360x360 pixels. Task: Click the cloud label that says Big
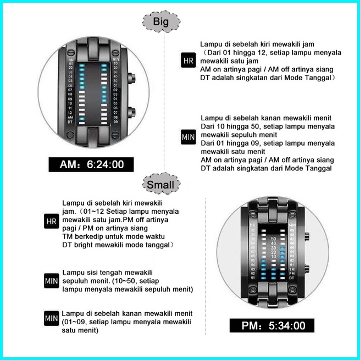(160, 23)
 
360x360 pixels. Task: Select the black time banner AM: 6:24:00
(91, 164)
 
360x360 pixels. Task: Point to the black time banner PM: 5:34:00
(273, 326)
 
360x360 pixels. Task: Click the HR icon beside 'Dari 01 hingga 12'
(188, 60)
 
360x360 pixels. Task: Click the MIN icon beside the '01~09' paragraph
(51, 318)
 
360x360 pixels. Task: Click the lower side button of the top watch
(132, 113)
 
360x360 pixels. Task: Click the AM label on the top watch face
(70, 117)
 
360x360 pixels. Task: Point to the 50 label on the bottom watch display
(273, 238)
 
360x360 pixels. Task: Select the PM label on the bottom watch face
(292, 273)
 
